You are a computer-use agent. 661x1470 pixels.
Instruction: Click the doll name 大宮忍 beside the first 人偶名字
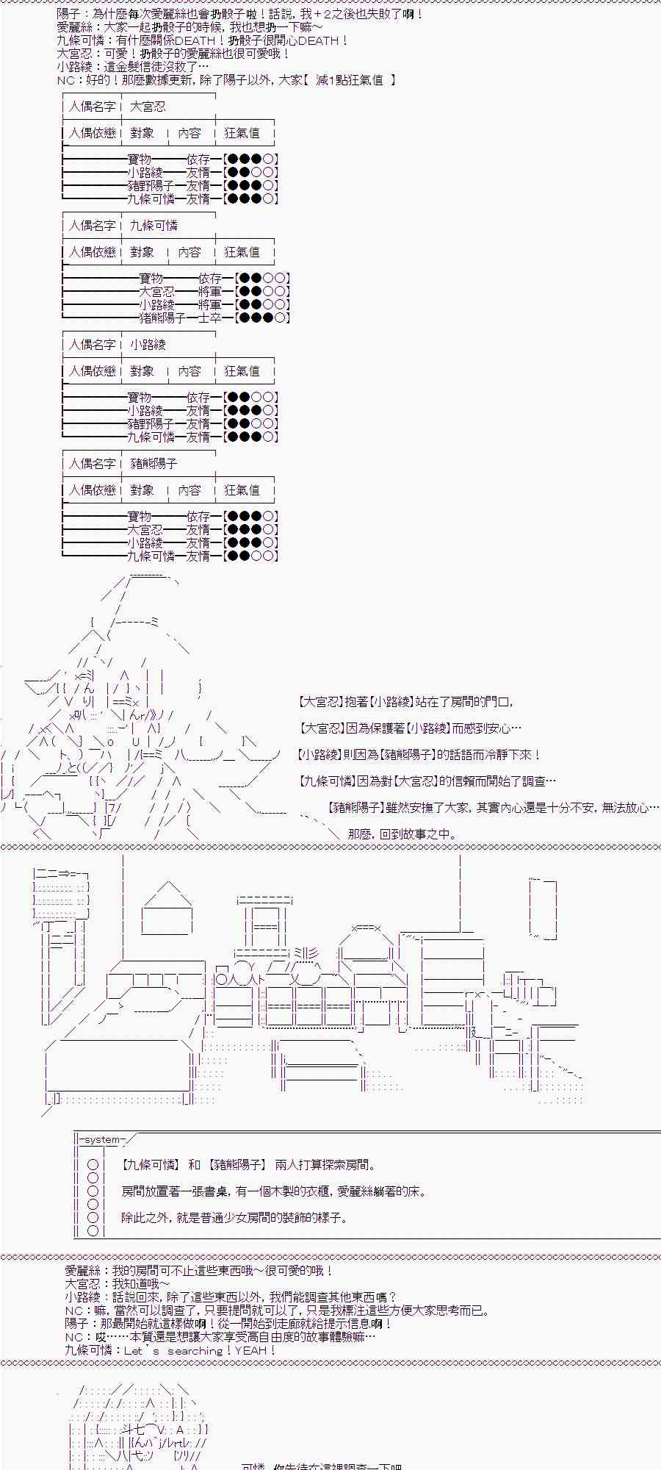148,107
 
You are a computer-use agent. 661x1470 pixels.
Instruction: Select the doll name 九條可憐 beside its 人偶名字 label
153,226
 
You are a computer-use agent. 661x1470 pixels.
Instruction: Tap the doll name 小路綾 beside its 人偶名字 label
148,345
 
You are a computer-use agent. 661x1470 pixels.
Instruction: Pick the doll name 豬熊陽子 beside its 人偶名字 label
153,464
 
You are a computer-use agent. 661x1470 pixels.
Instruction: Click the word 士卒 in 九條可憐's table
209,318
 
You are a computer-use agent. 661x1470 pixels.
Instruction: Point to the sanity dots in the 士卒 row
261,318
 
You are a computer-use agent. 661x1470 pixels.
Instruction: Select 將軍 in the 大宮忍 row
209,292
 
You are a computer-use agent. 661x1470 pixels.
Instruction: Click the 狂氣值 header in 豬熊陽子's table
242,490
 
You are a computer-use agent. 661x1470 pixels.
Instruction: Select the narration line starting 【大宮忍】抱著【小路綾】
405,702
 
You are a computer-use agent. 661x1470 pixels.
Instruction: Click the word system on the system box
101,1139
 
